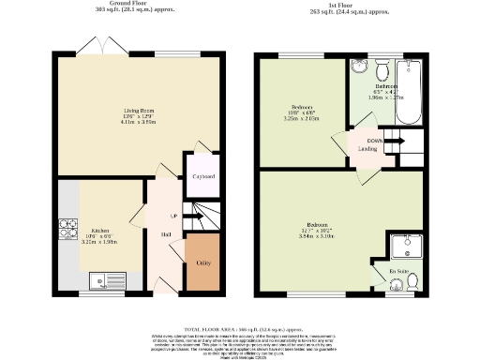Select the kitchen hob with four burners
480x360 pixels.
pyautogui.click(x=69, y=228)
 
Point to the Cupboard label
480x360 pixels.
pyautogui.click(x=203, y=176)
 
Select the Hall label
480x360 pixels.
pyautogui.click(x=165, y=233)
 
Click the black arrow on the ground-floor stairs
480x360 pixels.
pyautogui.click(x=187, y=221)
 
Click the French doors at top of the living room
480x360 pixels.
pyautogui.click(x=97, y=46)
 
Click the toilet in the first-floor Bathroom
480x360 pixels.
pyautogui.click(x=382, y=72)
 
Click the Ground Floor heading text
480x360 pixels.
pyautogui.click(x=131, y=4)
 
